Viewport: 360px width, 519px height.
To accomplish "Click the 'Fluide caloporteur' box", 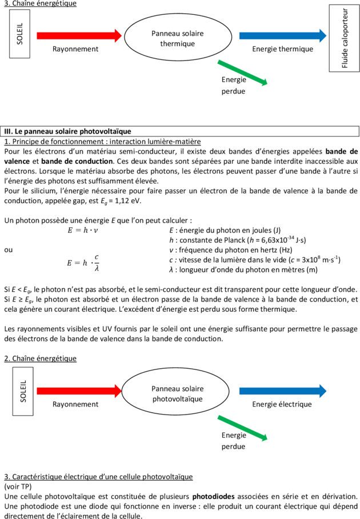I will pos(345,38).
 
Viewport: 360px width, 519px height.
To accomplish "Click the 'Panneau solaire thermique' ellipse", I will pos(177,38).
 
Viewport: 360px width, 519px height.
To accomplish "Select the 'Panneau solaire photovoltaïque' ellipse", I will pos(177,393).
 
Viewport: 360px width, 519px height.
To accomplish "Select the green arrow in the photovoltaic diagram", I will pos(243,428).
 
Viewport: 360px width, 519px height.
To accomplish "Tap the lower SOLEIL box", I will pos(23,391).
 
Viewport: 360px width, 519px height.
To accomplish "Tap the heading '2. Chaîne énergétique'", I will pos(40,358).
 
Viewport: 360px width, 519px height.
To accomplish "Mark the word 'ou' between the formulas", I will pos(8,250).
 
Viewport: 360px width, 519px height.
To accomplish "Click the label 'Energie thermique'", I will pos(282,49).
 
